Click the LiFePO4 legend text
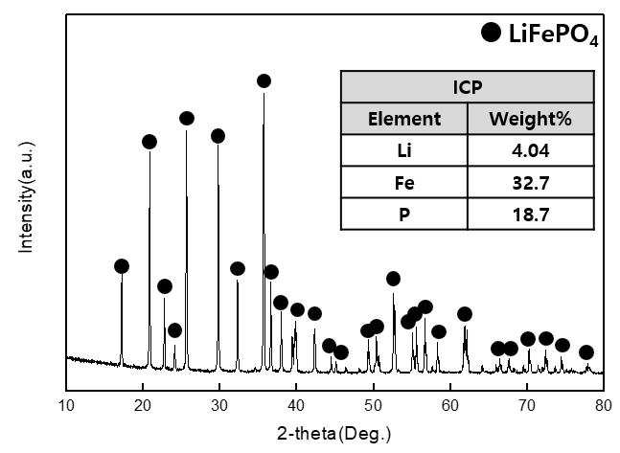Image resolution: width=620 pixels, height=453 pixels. click(554, 34)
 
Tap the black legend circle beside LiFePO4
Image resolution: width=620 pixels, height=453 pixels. click(492, 32)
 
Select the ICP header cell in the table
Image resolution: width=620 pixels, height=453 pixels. click(468, 87)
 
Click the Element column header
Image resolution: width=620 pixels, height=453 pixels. click(404, 119)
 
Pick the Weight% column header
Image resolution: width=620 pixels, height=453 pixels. click(531, 119)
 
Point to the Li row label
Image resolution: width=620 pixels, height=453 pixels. click(404, 150)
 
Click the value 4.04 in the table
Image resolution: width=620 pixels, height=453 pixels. click(531, 150)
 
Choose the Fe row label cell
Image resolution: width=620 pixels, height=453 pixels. click(404, 183)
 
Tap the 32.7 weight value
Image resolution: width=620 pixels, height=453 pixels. click(531, 183)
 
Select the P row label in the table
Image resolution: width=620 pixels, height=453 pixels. click(404, 215)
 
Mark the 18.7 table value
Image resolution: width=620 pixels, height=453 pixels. click(531, 215)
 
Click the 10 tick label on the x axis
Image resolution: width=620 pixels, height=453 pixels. click(66, 405)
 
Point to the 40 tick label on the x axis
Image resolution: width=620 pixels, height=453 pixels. click(296, 405)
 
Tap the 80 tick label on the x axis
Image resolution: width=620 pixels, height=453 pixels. click(604, 405)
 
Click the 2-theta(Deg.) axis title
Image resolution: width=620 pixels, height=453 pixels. click(334, 434)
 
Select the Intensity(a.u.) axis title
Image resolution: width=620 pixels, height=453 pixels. click(27, 196)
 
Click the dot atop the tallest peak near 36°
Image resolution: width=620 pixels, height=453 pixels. click(264, 81)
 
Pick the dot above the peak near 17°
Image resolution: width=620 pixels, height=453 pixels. click(122, 266)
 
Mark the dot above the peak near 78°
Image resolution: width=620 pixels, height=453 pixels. click(586, 352)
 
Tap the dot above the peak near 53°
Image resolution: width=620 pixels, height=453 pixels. click(393, 279)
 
